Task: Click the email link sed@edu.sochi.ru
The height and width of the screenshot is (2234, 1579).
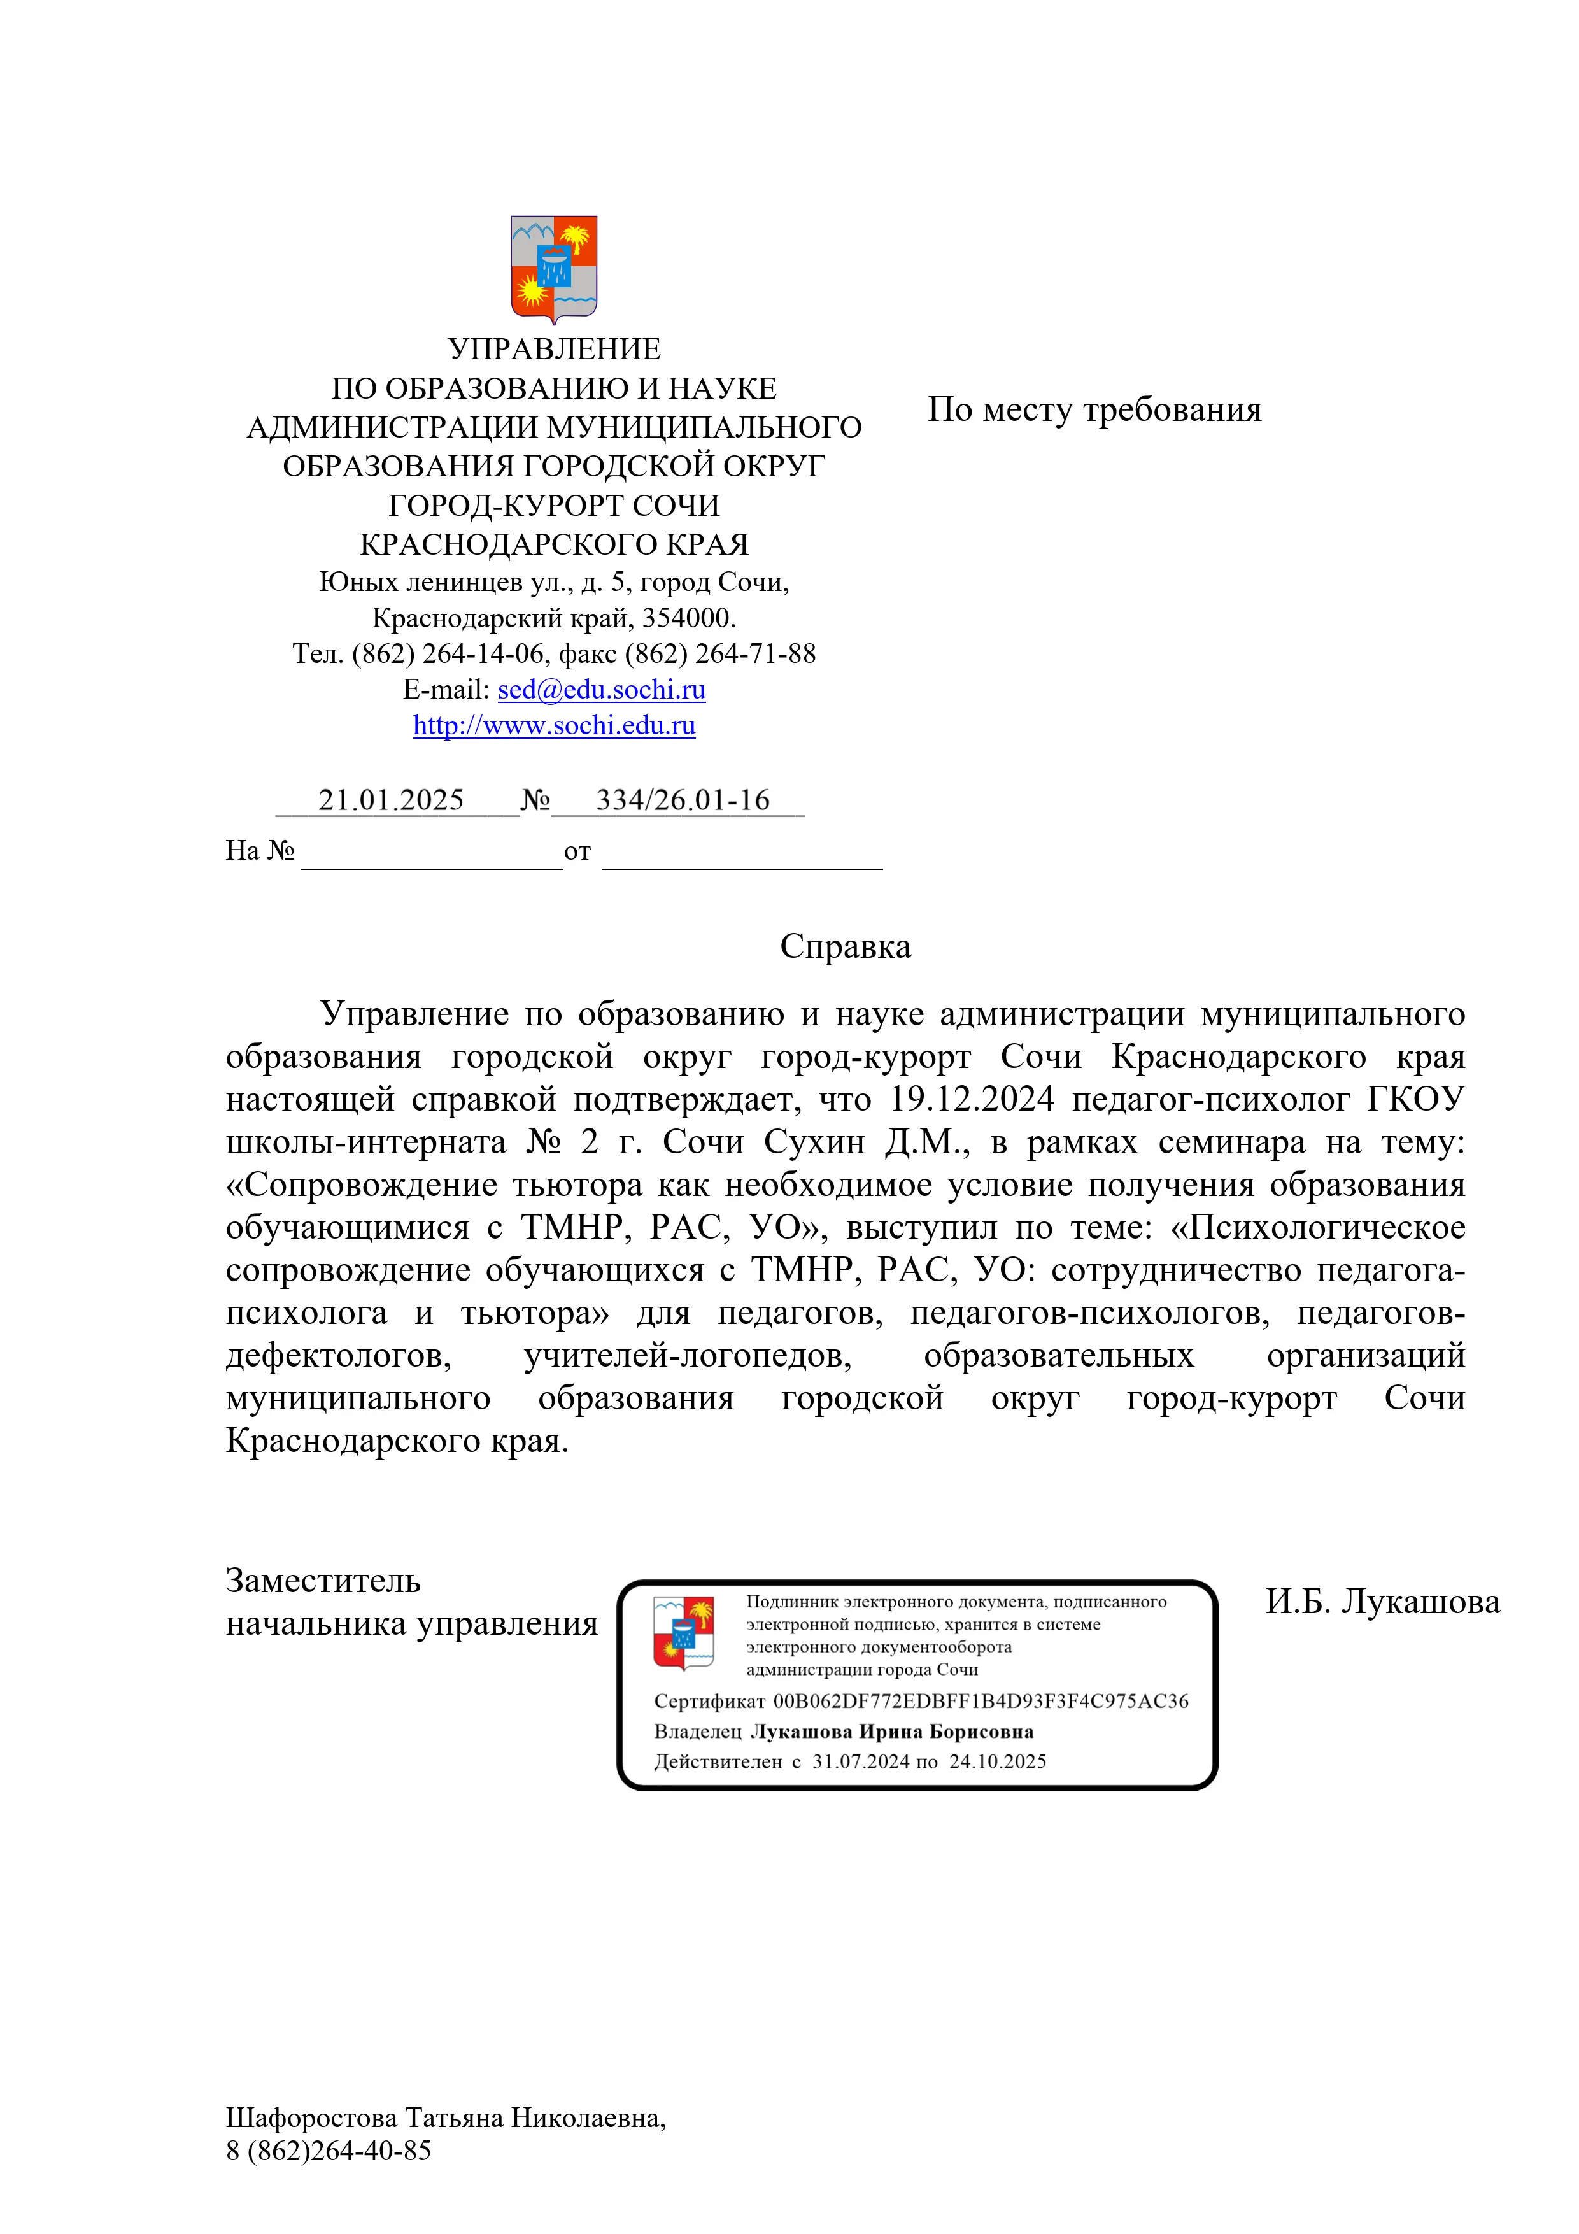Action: [x=601, y=689]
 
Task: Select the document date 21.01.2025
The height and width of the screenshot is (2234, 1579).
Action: [x=391, y=800]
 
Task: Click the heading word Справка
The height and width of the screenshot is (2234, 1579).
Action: [x=844, y=946]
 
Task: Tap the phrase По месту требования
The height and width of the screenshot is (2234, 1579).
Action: [x=1094, y=409]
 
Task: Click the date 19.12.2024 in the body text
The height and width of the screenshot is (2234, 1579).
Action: [x=971, y=1099]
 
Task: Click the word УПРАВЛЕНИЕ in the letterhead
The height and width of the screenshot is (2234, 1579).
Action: [x=553, y=348]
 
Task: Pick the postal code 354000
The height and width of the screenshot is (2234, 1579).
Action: [x=687, y=618]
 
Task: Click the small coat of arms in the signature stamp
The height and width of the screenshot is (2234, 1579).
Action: [x=683, y=1632]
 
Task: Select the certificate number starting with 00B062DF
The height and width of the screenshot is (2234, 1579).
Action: [x=980, y=1701]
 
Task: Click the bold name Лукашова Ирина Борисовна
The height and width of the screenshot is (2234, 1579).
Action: [x=891, y=1731]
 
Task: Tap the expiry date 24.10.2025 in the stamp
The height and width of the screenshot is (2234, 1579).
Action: [x=997, y=1761]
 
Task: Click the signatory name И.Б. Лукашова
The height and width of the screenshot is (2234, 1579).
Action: [x=1382, y=1602]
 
